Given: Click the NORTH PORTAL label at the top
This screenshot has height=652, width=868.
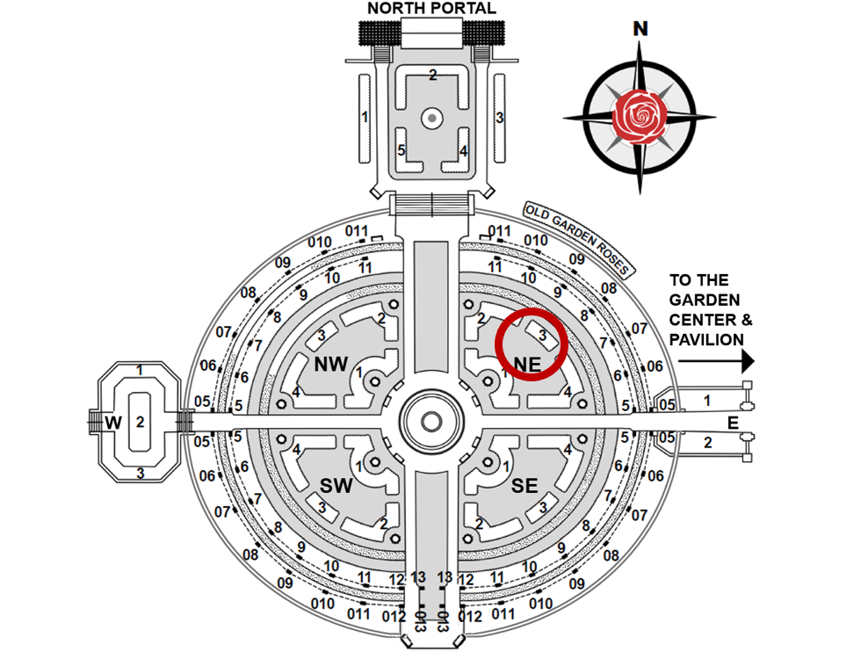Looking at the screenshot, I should (431, 9).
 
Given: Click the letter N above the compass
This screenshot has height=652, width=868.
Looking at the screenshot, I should (641, 29).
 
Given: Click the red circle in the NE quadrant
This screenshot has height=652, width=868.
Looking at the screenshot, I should (530, 345).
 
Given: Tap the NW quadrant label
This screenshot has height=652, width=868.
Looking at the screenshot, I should (331, 363).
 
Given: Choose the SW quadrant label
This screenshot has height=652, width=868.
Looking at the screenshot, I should (336, 486).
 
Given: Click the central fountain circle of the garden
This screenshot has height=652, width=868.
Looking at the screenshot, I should (431, 422).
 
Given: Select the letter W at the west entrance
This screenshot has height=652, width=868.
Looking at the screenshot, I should (112, 423).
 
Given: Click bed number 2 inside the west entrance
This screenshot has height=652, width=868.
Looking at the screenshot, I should (139, 422).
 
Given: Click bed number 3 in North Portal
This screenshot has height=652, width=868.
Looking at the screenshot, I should (499, 117).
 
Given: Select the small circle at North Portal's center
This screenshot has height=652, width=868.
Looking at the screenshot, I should (431, 117).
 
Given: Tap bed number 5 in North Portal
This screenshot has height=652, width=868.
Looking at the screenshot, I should (401, 150).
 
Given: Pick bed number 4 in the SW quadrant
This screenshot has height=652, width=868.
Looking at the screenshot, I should (297, 450).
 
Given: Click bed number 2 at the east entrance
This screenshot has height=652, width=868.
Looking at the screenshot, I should (708, 442).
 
